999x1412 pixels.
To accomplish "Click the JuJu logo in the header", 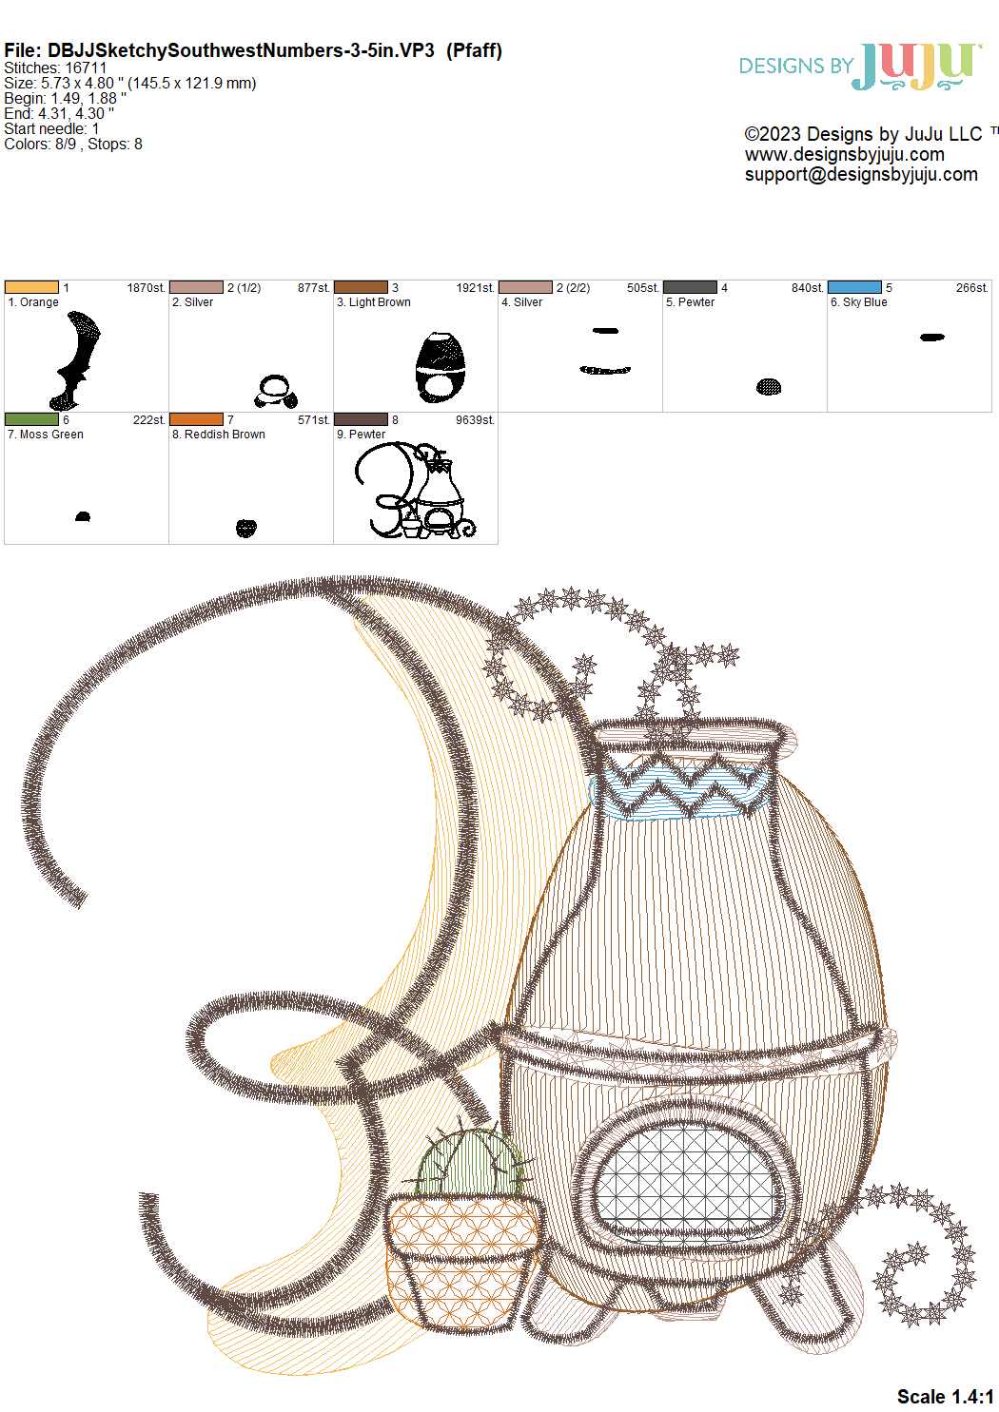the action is point(860,67).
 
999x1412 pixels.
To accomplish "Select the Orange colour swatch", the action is point(31,287).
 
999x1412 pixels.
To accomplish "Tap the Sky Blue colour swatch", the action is point(854,287).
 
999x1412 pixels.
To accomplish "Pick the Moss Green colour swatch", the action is point(31,419).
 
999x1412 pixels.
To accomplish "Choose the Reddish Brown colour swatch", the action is point(196,419).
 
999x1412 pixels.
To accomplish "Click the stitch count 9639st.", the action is point(475,420).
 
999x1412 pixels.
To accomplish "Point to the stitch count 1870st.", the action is point(146,288).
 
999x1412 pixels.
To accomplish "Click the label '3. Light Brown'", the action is point(373,302).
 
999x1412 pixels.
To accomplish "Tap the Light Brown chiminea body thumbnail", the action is point(441,367).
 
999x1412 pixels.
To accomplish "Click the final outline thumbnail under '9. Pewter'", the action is point(415,491).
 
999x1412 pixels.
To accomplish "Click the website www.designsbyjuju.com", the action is point(845,154).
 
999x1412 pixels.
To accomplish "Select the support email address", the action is point(861,175).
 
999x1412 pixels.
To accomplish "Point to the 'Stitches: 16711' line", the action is point(55,68).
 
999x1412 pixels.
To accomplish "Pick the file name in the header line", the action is point(241,51).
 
